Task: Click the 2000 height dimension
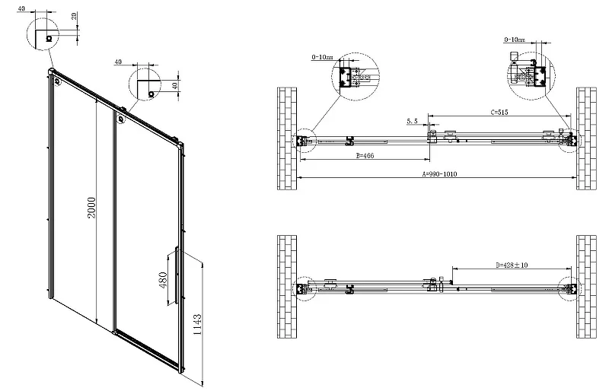tap(91, 208)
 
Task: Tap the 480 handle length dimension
tap(163, 280)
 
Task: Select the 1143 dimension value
tap(198, 325)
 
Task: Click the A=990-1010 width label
tap(440, 174)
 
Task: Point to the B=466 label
tap(365, 156)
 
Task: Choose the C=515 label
tap(499, 113)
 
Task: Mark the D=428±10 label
tap(512, 265)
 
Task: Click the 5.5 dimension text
tap(412, 122)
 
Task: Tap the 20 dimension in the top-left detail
tap(74, 16)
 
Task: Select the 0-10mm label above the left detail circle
tap(322, 57)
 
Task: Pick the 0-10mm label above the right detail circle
tap(515, 40)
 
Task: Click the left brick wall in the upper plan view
tap(287, 138)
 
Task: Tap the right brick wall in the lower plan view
tap(586, 287)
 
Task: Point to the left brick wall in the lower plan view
tap(287, 287)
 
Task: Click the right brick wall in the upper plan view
tap(586, 138)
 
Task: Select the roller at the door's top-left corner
tap(58, 81)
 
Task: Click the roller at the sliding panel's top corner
tap(121, 119)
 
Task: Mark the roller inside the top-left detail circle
tap(49, 38)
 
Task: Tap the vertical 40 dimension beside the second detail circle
tap(174, 86)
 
